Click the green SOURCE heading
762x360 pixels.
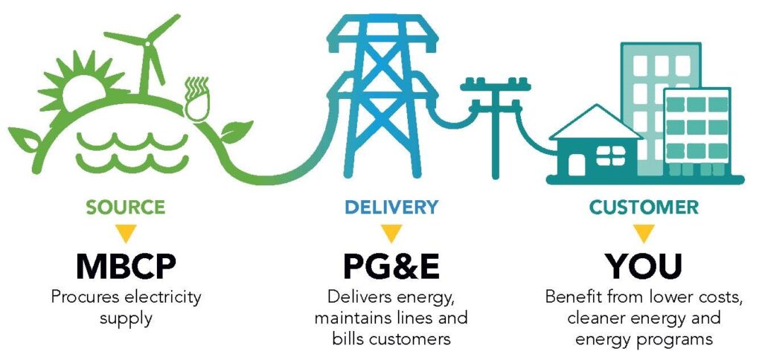tap(125, 208)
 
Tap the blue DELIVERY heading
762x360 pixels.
tap(391, 208)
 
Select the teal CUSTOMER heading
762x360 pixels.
tap(644, 208)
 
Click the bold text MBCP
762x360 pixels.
tap(126, 266)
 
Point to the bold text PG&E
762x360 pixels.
tap(391, 266)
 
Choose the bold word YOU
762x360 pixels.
tap(644, 266)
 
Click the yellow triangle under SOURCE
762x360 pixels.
tap(126, 234)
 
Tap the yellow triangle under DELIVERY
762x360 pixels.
tap(391, 234)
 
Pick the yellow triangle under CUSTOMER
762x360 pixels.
tap(644, 234)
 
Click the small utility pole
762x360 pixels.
tap(495, 126)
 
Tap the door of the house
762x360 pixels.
tap(577, 164)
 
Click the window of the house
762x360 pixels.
tap(611, 155)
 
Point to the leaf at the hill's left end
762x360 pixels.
tap(25, 139)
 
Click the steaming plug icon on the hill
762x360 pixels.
tap(197, 100)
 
